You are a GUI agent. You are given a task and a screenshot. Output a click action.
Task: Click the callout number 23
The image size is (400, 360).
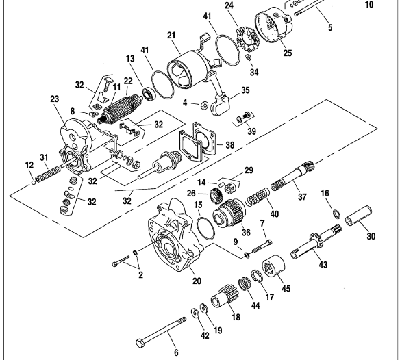click(x=55, y=99)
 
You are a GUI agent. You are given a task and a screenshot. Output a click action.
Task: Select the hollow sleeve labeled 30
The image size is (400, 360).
click(x=358, y=216)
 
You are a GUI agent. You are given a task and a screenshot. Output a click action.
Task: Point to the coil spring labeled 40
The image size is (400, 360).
click(x=257, y=197)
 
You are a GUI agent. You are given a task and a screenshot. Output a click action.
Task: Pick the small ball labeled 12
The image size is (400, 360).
click(x=33, y=183)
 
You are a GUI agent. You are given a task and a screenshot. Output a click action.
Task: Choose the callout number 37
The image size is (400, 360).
click(x=302, y=196)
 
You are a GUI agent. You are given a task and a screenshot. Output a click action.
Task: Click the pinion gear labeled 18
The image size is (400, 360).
click(x=225, y=296)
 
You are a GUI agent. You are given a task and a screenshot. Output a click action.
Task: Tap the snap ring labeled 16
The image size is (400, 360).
click(x=336, y=214)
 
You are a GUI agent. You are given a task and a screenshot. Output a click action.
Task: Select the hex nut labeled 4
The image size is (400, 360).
click(x=204, y=104)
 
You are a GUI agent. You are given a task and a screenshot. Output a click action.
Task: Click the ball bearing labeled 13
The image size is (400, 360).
click(x=148, y=93)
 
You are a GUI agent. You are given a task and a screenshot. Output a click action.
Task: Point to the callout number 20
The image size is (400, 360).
click(x=197, y=281)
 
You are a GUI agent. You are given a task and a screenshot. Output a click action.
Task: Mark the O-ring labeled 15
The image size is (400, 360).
click(x=205, y=229)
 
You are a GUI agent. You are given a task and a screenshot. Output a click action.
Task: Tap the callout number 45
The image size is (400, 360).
click(x=286, y=288)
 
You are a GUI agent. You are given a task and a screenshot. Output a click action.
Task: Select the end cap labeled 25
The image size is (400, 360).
click(x=274, y=25)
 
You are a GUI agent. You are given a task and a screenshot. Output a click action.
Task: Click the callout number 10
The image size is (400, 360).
click(x=369, y=4)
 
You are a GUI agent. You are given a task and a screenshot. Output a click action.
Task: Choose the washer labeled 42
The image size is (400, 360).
click(x=195, y=313)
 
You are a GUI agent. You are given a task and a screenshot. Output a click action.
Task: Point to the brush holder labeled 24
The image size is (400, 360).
click(x=247, y=38)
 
